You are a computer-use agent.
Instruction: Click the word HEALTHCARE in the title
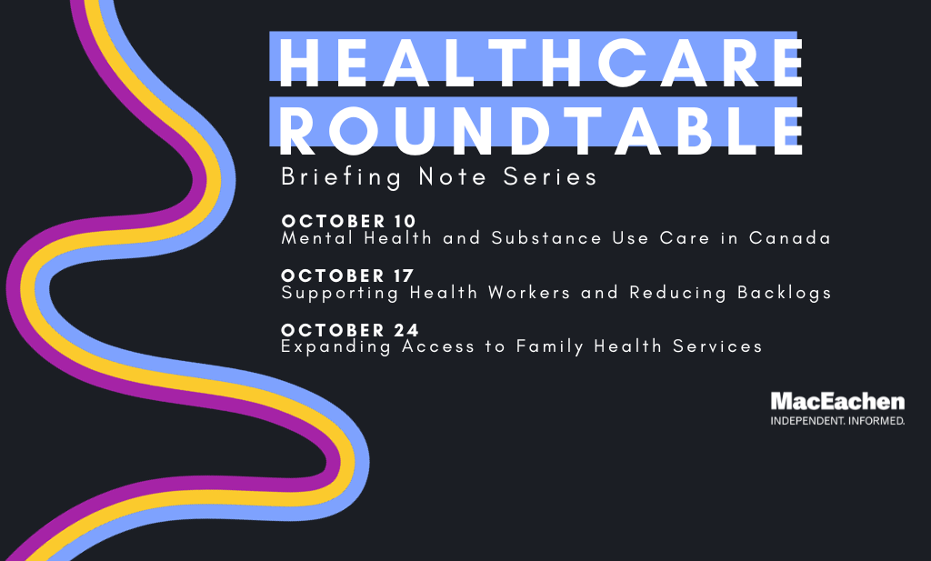(541, 62)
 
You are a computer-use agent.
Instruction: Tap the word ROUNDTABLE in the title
(541, 131)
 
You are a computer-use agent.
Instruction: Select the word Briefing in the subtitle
(342, 177)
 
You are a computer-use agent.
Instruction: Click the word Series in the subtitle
(550, 176)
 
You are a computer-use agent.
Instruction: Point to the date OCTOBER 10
(348, 221)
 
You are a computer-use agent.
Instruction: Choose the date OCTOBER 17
(347, 275)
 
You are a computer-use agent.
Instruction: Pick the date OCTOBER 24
(350, 330)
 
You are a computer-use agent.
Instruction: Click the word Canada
(789, 238)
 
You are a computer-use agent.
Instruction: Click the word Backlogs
(784, 294)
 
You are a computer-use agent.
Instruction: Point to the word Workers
(529, 293)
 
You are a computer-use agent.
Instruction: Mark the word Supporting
(340, 294)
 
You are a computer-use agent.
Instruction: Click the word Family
(550, 346)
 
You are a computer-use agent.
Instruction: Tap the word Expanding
(335, 346)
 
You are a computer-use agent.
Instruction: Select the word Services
(717, 346)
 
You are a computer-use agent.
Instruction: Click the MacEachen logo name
(837, 402)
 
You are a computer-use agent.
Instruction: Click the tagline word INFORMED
(877, 421)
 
